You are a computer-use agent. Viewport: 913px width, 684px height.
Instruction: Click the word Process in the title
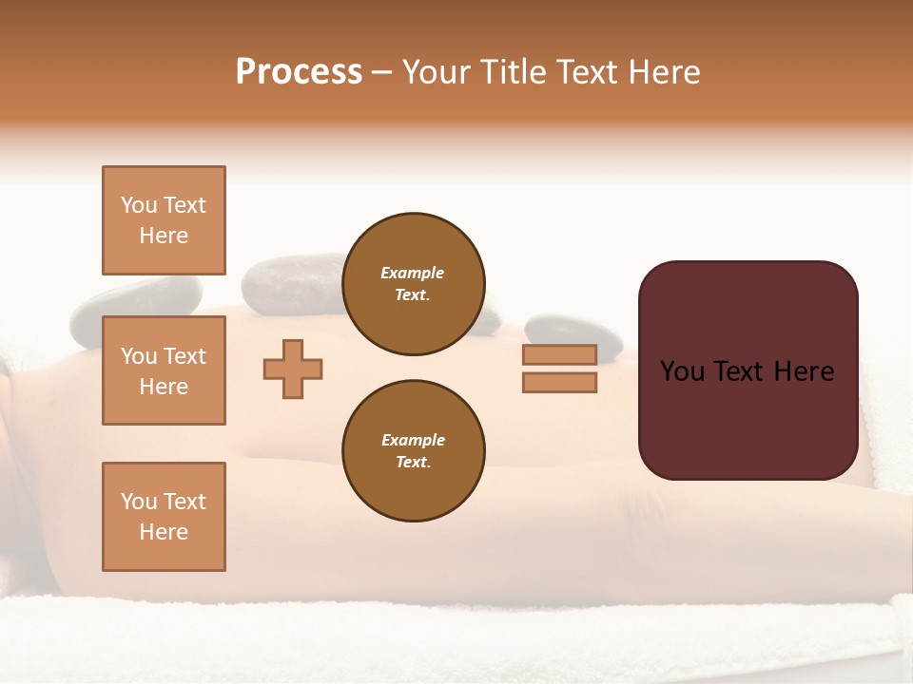(299, 72)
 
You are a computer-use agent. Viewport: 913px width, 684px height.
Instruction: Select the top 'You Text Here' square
(164, 220)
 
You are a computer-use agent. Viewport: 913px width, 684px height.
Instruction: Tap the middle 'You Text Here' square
(164, 370)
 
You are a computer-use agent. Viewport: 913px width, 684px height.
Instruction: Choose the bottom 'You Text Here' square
(164, 517)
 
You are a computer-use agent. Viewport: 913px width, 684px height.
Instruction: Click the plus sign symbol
(293, 369)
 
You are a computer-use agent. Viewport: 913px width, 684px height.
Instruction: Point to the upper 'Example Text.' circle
(414, 284)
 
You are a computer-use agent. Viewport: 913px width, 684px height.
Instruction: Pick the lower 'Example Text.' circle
(414, 451)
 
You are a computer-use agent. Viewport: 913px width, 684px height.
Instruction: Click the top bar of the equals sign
(559, 354)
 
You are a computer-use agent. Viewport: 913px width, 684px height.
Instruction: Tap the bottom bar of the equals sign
(559, 383)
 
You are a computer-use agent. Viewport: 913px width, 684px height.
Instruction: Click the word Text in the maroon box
(747, 371)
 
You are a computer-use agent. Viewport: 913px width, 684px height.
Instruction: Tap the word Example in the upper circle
(413, 273)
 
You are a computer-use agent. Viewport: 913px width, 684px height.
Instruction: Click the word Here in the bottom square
(164, 532)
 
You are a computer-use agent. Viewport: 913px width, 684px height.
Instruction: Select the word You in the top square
(139, 205)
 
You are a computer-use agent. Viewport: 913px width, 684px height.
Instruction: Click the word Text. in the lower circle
(413, 463)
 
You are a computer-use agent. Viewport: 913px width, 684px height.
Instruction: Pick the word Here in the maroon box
(804, 371)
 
